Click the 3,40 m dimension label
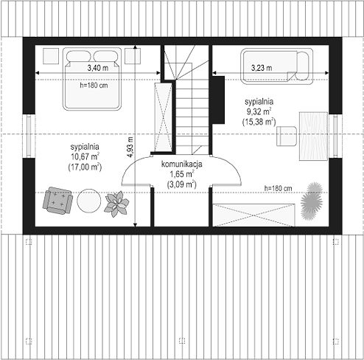98,68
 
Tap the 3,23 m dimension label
262,68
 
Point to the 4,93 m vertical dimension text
130,147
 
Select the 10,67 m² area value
85,156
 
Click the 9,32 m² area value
259,111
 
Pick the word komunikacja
182,164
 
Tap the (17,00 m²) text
85,167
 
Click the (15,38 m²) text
259,122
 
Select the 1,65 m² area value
182,174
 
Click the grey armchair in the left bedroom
57,201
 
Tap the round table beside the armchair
89,201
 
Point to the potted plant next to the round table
116,204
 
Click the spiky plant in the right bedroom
312,201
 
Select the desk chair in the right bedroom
287,136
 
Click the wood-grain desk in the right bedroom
313,136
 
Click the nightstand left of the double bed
51,56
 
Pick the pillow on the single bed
303,66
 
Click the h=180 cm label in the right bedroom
279,188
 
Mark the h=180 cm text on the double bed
94,86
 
